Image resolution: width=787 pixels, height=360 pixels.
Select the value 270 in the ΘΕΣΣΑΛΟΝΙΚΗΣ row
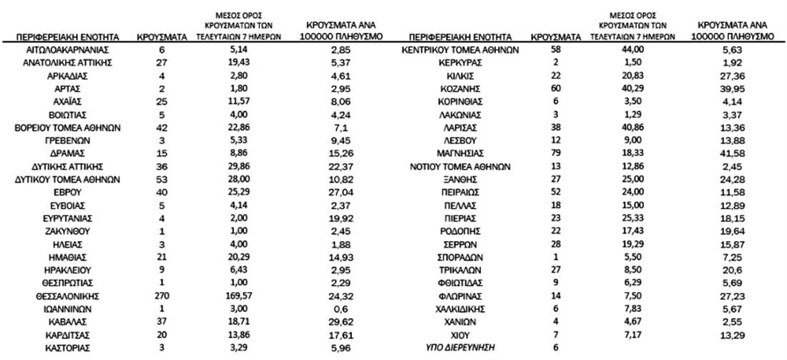(x=162, y=295)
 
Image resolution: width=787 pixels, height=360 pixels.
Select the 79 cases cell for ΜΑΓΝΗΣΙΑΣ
(x=557, y=153)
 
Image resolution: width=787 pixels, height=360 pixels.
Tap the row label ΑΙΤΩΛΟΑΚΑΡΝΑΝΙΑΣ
(x=67, y=50)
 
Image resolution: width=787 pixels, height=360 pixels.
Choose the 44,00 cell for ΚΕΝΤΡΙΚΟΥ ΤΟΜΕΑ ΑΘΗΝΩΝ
(x=630, y=50)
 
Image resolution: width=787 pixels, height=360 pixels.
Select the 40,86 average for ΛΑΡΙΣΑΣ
(x=630, y=127)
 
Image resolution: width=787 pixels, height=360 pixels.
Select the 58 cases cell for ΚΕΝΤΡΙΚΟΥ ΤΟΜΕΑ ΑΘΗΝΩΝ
(x=557, y=50)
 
